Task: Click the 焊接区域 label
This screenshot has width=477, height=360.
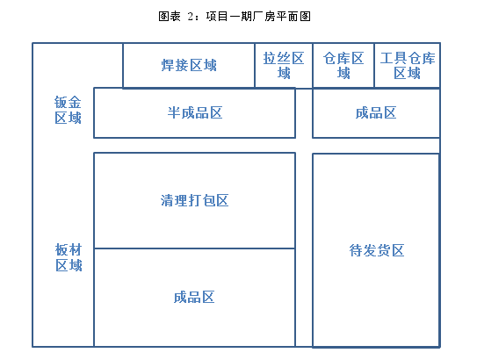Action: [x=189, y=65]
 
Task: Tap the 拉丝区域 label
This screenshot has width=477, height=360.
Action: [x=284, y=65]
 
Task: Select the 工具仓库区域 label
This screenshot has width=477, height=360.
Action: [x=408, y=65]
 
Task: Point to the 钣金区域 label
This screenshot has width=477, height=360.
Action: [x=68, y=110]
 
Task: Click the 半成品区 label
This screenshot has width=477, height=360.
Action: [x=195, y=112]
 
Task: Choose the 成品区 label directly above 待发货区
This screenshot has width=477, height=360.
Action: [x=376, y=112]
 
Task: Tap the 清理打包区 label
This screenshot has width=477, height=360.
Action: [x=194, y=201]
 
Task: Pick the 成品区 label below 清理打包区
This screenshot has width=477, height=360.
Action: [x=194, y=297]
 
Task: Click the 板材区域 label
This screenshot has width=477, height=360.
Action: [x=69, y=257]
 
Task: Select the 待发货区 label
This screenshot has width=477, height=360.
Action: [x=377, y=250]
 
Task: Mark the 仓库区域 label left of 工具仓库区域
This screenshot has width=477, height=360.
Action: [x=343, y=65]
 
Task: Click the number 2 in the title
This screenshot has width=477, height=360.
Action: [x=191, y=17]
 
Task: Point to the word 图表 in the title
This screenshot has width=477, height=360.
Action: [x=170, y=17]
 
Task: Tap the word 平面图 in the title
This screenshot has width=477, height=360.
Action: [x=293, y=17]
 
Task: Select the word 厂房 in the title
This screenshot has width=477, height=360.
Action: [x=264, y=17]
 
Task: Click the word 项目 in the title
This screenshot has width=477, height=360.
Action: [x=217, y=17]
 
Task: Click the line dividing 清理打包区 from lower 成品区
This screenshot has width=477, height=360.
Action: [x=194, y=248]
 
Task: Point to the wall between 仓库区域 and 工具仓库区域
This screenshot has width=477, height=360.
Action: [x=374, y=65]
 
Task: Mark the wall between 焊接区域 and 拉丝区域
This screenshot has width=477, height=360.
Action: [x=255, y=65]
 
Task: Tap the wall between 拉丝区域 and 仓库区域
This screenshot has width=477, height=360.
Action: [x=313, y=65]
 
